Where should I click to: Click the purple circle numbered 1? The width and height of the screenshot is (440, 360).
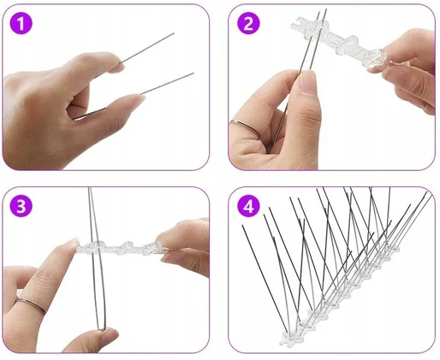point(21,23)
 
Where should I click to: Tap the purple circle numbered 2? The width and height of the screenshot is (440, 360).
point(248,23)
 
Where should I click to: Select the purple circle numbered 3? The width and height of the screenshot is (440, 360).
point(21,206)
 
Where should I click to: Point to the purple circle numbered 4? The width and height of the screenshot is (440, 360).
point(248,206)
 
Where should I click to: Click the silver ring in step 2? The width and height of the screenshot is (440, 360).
point(245,127)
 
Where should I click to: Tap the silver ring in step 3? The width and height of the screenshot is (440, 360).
point(31,304)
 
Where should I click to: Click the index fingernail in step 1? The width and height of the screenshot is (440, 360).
point(120,68)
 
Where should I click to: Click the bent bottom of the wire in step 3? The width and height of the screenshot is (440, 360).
point(101,328)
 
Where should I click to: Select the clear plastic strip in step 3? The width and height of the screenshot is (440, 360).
point(120,247)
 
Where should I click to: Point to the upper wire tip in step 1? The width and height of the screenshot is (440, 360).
point(174,33)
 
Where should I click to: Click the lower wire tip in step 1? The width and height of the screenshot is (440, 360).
point(193,73)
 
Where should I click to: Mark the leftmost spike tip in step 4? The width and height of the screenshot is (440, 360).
point(242,226)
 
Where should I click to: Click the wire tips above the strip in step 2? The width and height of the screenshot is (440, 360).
point(322,10)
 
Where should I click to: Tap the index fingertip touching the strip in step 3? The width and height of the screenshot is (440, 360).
point(74,245)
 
